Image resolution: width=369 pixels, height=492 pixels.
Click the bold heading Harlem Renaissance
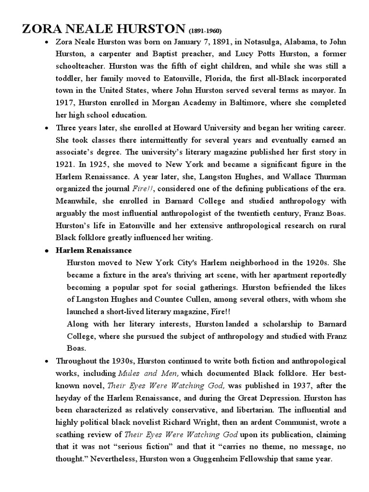[x=94, y=250]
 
